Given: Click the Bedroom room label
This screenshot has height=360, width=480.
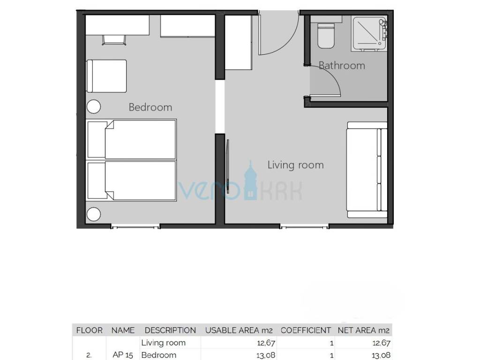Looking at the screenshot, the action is [150, 107].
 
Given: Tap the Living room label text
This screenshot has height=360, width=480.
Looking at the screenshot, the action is [295, 165].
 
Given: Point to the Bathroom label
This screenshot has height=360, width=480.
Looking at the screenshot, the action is [342, 66].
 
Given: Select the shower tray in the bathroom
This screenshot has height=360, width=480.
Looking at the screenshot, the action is [369, 33].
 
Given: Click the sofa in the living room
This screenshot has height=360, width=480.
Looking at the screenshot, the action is [367, 170].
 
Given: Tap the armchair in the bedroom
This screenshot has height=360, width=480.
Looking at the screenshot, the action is [106, 76].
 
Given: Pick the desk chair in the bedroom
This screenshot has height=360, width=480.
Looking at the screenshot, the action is [114, 40].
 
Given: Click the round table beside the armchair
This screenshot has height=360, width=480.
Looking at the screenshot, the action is [94, 107].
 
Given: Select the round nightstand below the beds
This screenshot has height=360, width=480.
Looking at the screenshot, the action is [94, 214].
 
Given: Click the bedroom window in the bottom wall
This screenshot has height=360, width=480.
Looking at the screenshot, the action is [135, 226].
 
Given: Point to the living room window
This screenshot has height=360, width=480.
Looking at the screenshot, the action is [305, 226].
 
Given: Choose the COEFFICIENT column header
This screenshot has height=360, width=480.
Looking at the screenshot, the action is [306, 330].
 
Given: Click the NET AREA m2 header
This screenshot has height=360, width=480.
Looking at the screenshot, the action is [364, 330].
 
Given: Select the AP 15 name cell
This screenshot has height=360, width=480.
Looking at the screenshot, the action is [123, 355].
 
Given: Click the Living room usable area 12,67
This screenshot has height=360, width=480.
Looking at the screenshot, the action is [266, 343].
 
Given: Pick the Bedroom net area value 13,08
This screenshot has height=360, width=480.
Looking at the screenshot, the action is [381, 355].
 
